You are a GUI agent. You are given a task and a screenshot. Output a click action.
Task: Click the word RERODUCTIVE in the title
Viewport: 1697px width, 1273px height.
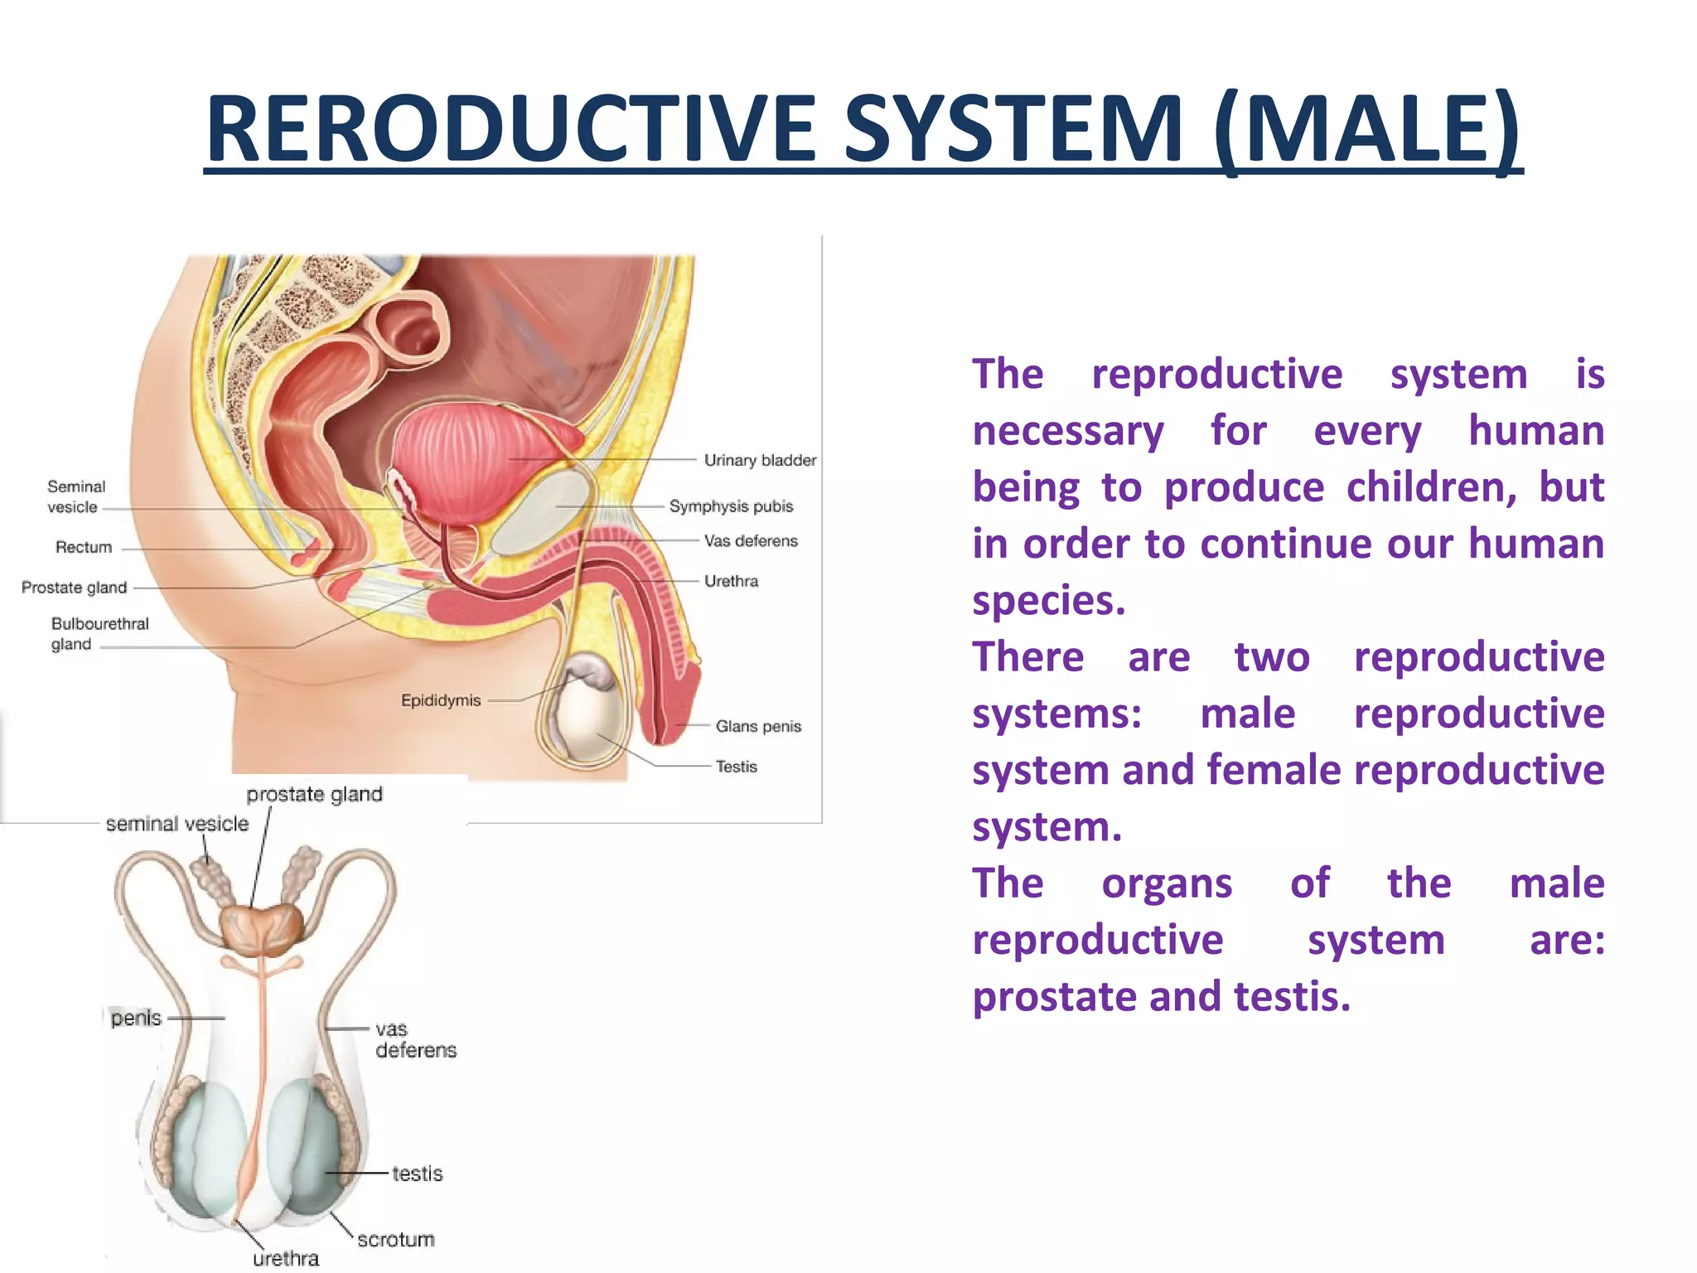(x=511, y=129)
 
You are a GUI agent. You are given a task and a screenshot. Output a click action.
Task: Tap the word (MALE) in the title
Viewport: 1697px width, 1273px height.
(x=1367, y=129)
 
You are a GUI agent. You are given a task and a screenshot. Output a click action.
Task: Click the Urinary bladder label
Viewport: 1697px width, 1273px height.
(x=760, y=460)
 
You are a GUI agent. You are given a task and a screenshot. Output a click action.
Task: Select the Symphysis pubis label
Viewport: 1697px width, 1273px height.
(x=731, y=506)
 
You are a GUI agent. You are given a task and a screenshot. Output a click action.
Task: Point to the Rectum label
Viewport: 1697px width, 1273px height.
(x=84, y=547)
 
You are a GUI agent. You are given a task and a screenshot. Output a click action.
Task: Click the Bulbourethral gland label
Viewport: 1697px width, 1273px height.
(x=99, y=633)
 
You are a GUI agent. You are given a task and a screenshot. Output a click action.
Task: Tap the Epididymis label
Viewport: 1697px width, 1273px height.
(x=441, y=700)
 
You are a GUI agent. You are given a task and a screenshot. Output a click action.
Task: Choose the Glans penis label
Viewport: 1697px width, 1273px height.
(x=758, y=726)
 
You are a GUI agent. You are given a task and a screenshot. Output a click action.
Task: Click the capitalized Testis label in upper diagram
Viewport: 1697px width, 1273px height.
(x=737, y=767)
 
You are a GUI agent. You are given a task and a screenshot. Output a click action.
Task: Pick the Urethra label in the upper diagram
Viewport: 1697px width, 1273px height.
(x=731, y=581)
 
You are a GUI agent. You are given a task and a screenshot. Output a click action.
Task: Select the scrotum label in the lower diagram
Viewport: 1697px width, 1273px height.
(x=396, y=1239)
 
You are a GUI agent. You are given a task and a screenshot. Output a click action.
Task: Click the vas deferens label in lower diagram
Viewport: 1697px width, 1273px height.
(x=415, y=1039)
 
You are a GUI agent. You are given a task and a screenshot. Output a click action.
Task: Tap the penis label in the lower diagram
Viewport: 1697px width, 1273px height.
(x=136, y=1018)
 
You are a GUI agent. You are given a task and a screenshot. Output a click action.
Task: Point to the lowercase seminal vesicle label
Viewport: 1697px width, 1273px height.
(x=177, y=824)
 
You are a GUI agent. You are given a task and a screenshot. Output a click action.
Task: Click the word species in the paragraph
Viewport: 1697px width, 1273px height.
(x=1048, y=600)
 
